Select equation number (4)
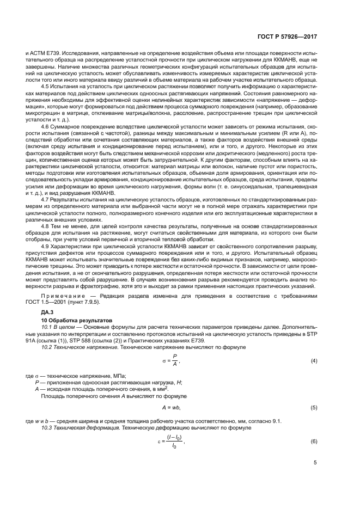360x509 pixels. tap(314, 361)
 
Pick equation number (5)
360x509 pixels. tap(314, 407)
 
